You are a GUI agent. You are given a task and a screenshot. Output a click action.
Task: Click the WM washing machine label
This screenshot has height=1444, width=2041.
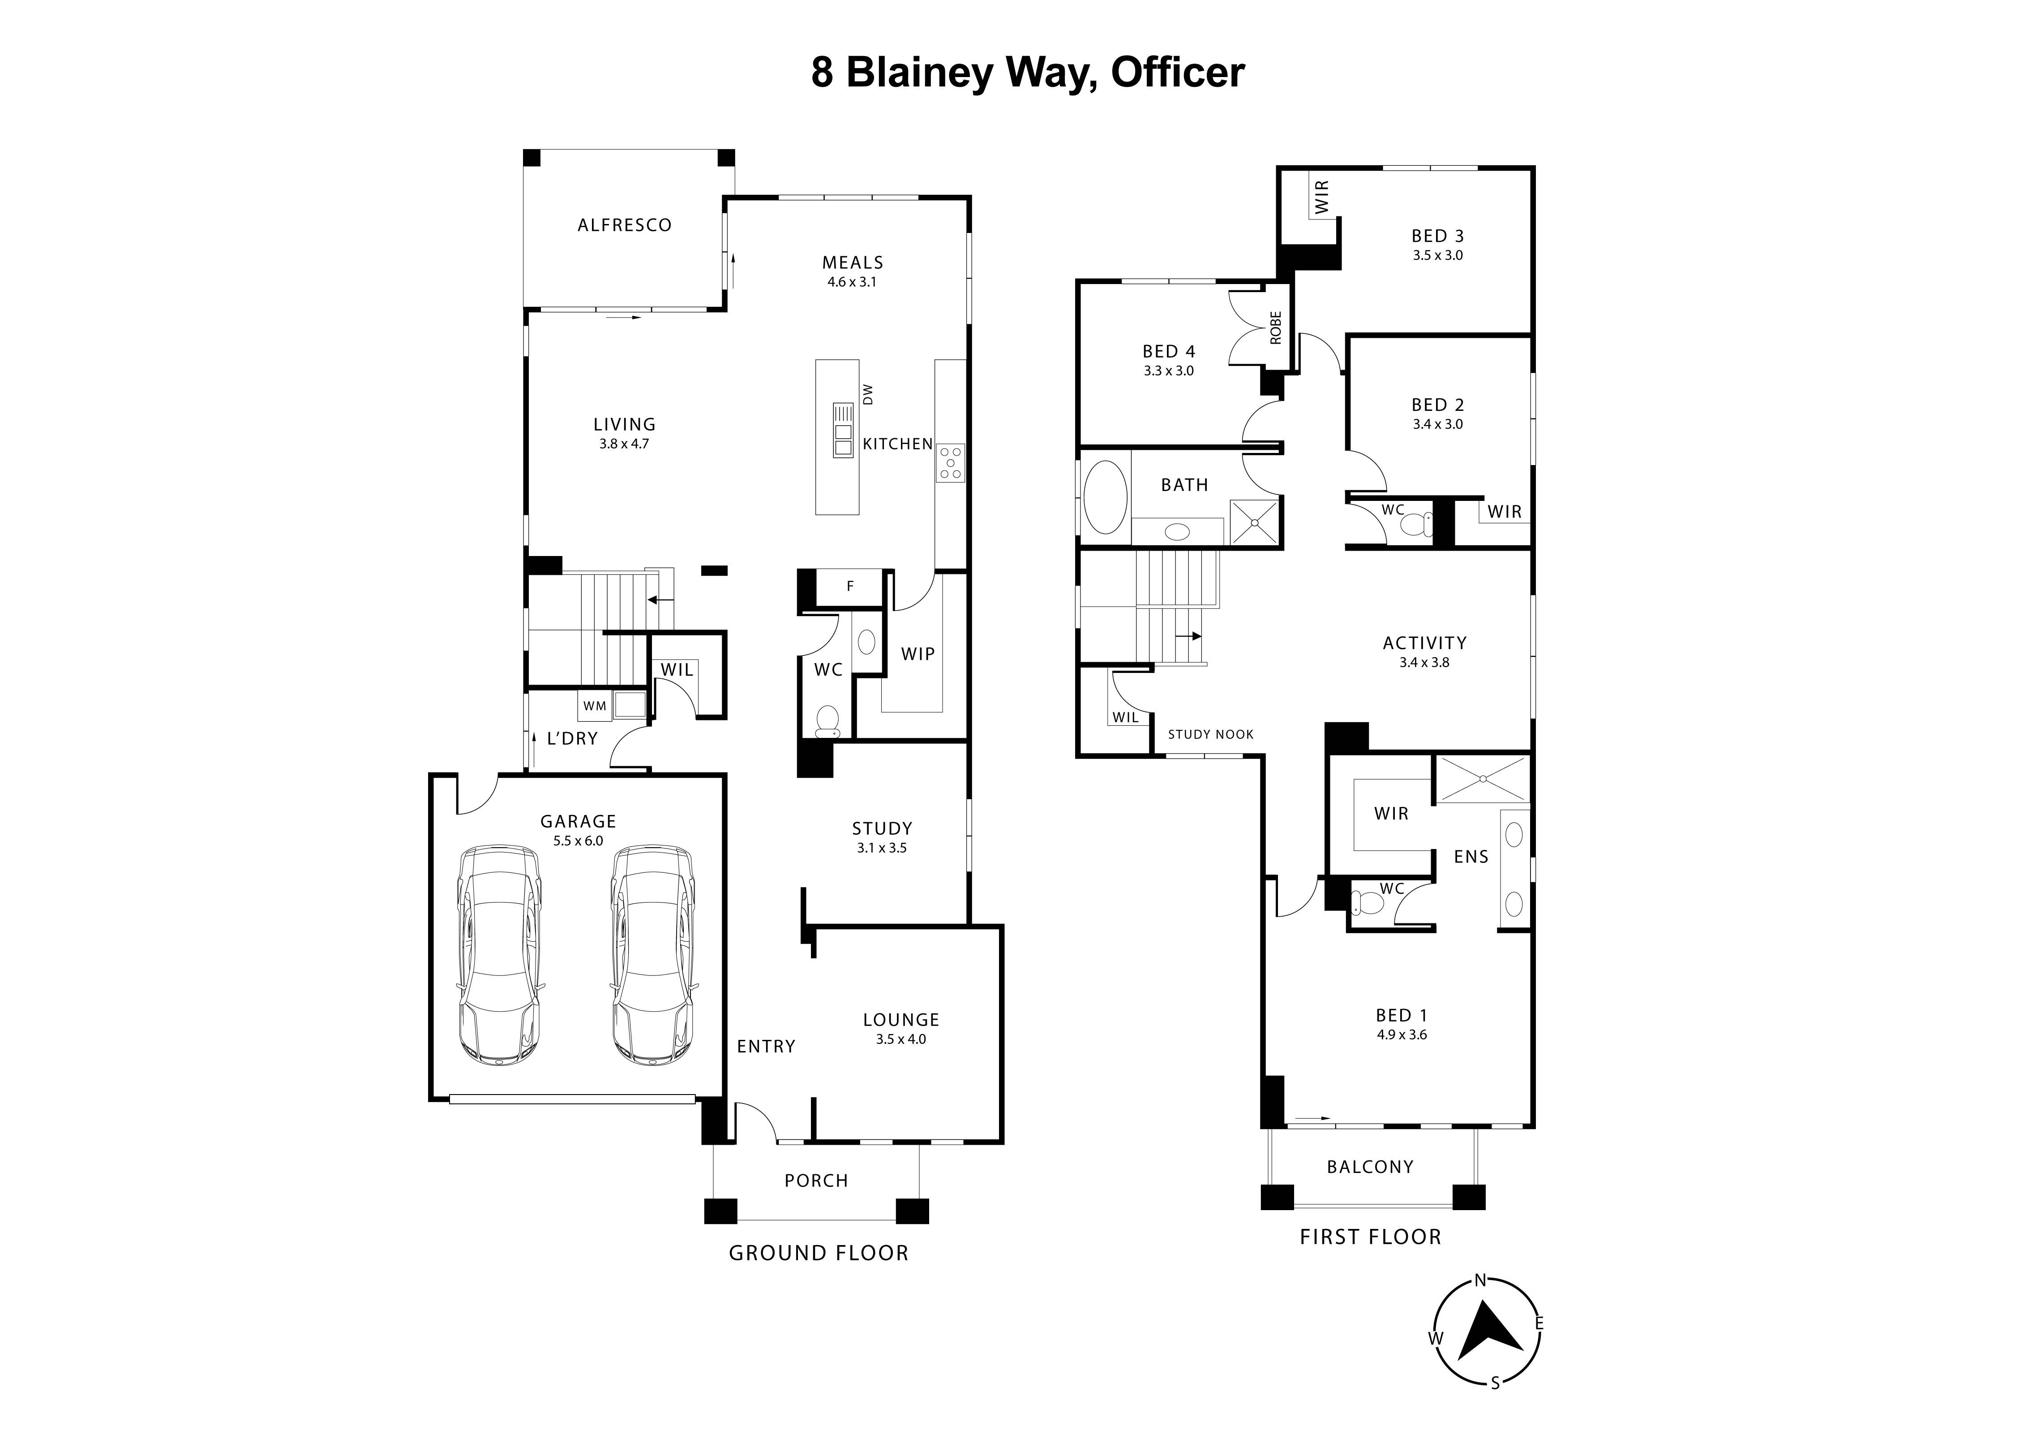click(x=595, y=706)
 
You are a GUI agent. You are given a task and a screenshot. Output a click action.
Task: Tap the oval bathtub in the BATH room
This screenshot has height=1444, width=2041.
click(x=1106, y=497)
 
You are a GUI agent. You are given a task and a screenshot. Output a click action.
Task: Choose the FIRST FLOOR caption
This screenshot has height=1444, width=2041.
click(x=1370, y=1237)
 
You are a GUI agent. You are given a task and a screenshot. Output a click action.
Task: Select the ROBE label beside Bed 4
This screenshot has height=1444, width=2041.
click(x=1276, y=327)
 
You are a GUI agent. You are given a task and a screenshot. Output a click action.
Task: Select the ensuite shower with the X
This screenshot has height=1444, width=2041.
click(x=1483, y=779)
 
